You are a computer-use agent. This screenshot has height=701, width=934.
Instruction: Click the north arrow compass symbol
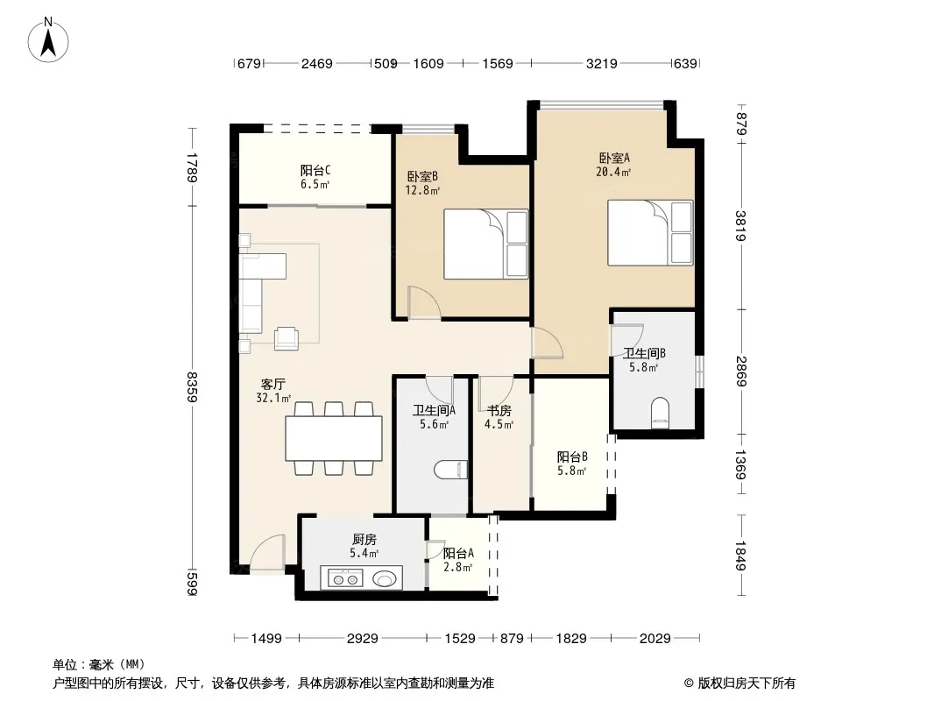48,39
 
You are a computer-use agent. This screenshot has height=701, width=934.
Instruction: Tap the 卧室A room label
614,158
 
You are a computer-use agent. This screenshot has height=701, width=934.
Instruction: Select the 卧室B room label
422,176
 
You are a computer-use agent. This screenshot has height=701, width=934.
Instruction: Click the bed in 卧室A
650,233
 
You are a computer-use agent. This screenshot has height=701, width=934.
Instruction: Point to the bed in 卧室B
486,244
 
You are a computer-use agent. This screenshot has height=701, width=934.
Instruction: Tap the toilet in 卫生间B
660,412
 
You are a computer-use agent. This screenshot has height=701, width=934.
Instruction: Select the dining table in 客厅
334,438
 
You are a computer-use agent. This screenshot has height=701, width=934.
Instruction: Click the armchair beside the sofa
287,338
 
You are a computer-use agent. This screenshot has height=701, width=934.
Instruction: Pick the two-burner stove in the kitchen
345,578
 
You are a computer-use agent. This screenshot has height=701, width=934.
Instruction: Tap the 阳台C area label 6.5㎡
315,185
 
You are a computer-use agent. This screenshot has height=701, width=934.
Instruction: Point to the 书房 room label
499,410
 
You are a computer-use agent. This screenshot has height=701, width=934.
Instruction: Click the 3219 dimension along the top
602,63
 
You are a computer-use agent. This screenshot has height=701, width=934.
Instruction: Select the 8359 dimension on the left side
192,387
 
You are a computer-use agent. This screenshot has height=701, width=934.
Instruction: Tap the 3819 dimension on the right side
740,226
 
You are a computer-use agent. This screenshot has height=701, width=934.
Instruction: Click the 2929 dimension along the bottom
362,639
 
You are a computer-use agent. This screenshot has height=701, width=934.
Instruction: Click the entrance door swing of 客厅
267,555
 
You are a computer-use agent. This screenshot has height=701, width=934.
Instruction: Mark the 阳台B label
572,457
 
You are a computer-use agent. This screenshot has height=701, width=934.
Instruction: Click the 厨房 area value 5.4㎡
364,553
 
